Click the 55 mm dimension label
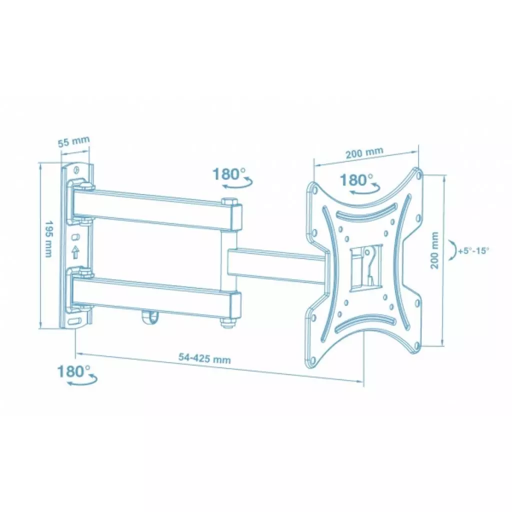[x=73, y=141]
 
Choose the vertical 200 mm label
[x=434, y=250]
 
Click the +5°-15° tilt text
[x=473, y=251]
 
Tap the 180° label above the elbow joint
[x=229, y=174]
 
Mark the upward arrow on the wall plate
[x=75, y=252]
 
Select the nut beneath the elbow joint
[x=228, y=324]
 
